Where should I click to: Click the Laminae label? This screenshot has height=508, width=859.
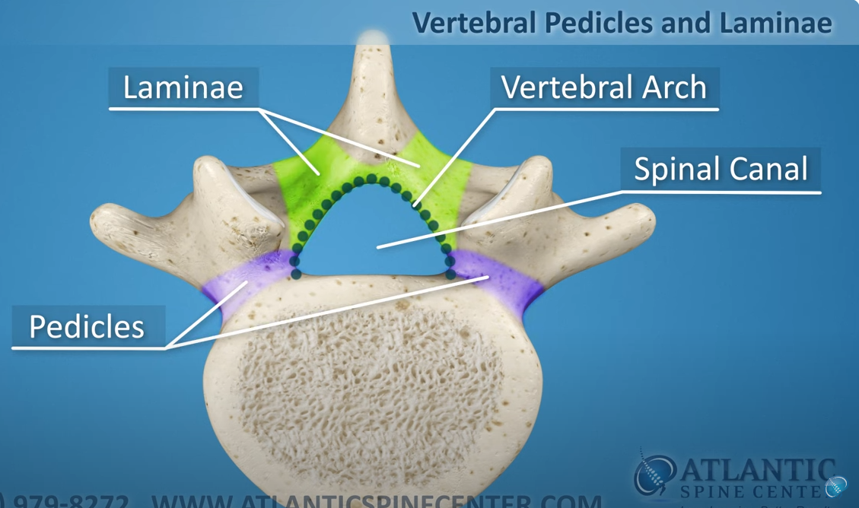click(183, 87)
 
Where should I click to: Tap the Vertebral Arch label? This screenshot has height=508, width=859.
click(604, 87)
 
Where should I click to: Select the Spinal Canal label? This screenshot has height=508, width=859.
click(721, 169)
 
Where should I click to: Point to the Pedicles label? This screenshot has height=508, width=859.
click(87, 326)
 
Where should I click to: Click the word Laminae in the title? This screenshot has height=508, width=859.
click(775, 23)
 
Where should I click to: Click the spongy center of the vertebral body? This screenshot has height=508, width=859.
click(373, 388)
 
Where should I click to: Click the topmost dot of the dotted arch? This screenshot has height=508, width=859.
click(372, 179)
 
